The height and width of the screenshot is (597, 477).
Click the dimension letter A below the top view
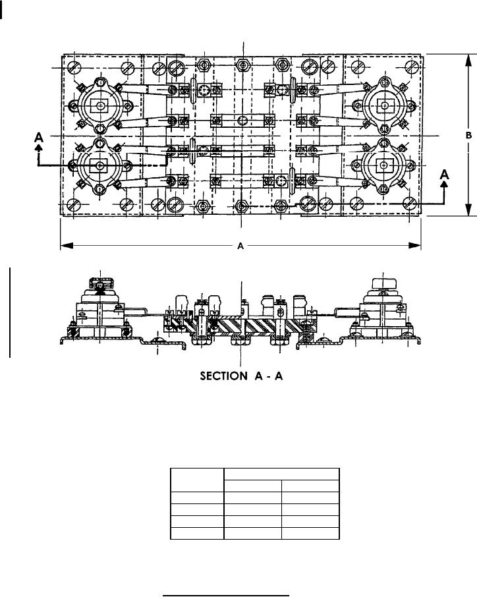(241, 246)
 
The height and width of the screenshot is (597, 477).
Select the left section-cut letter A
(40, 136)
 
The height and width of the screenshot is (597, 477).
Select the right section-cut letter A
(445, 175)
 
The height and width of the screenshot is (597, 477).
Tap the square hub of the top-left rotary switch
(99, 105)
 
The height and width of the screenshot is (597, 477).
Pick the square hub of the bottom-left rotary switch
(99, 165)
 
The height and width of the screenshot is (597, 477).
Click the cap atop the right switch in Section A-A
(382, 281)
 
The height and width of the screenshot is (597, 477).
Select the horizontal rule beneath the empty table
(227, 580)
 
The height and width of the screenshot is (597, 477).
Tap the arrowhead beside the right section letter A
(445, 187)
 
